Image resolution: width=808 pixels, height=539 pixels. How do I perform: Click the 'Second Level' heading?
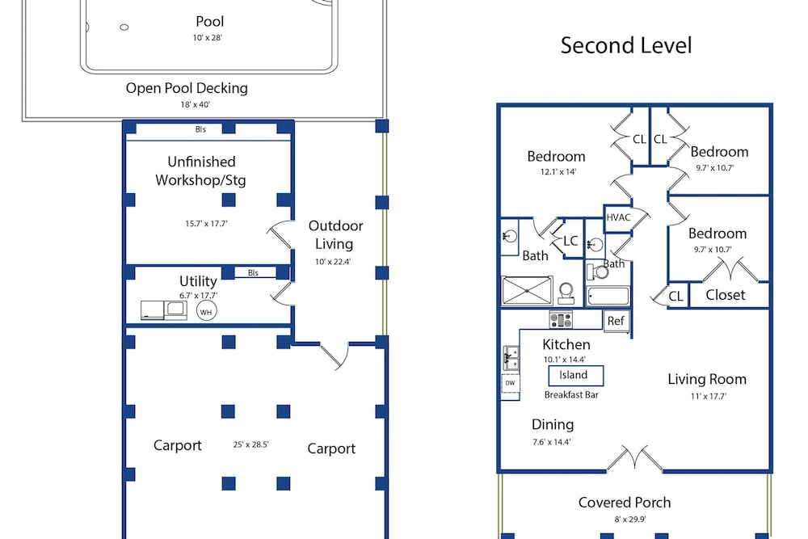626,45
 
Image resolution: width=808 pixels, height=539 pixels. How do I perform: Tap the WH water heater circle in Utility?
206,311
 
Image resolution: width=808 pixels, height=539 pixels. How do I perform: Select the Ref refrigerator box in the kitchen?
616,321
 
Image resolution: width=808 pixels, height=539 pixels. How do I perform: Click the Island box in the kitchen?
575,375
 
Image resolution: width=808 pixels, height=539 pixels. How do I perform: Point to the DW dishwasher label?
510,383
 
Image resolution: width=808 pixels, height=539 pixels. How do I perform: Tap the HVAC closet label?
618,217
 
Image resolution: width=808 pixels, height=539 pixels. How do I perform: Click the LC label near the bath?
570,241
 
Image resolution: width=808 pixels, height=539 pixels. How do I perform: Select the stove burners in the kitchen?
562,319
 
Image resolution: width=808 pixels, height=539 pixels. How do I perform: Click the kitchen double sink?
511,358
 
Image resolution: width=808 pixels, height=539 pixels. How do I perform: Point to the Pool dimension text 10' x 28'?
207,38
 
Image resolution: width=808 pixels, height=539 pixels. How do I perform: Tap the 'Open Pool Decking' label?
187,88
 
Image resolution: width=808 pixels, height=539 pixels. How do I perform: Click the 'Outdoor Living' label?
335,235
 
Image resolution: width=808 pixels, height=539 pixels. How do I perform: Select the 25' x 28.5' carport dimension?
251,444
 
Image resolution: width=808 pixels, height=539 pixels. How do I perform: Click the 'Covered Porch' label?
625,503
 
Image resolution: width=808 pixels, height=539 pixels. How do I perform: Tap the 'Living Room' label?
707,379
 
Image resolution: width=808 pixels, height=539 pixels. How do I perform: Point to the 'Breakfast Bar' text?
571,395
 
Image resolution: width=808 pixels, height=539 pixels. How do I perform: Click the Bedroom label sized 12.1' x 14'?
556,156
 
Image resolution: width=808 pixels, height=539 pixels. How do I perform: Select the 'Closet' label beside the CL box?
726,295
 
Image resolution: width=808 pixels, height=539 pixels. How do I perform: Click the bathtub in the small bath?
608,297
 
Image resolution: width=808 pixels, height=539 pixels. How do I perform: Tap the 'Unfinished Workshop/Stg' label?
201,171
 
